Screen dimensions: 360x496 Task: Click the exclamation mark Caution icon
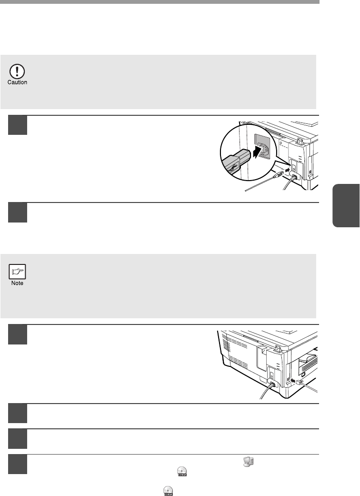[x=17, y=72]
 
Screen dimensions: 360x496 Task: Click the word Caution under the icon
[x=17, y=82]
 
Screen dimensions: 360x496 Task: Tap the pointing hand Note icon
[x=17, y=272]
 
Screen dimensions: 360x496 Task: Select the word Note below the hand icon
[x=17, y=283]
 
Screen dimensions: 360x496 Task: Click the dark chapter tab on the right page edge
[x=346, y=205]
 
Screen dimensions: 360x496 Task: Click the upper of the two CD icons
[x=182, y=471]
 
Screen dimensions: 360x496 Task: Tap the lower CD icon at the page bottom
[x=168, y=491]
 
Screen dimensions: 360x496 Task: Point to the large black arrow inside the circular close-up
[x=260, y=152]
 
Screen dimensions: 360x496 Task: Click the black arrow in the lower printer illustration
[x=293, y=380]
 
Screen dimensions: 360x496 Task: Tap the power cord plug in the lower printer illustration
[x=271, y=385]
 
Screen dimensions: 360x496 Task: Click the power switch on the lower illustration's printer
[x=271, y=375]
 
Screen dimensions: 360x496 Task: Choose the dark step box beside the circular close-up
[x=18, y=125]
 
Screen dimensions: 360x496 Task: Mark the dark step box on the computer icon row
[x=18, y=464]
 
